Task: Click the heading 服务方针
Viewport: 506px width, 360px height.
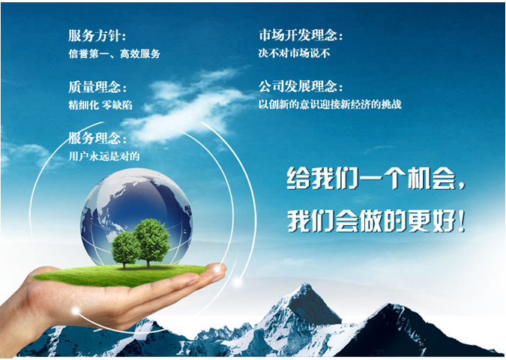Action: click(94, 35)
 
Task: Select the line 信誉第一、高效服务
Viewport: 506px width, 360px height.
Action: click(114, 53)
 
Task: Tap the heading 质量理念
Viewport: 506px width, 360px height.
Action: click(94, 87)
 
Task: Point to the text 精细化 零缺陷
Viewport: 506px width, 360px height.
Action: click(100, 105)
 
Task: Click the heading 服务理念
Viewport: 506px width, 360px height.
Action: click(94, 139)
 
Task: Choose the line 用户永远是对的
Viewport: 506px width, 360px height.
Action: click(104, 156)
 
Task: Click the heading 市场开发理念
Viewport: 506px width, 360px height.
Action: click(298, 34)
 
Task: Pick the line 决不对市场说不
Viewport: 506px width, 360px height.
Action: click(294, 53)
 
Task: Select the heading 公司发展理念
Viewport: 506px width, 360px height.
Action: click(298, 86)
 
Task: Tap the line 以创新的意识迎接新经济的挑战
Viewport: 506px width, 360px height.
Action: click(330, 104)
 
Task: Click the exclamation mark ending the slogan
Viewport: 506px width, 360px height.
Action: click(462, 221)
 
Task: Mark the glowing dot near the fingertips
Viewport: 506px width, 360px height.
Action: click(238, 283)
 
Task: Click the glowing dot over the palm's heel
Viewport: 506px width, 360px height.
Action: click(76, 311)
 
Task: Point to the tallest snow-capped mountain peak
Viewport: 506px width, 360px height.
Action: click(304, 286)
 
